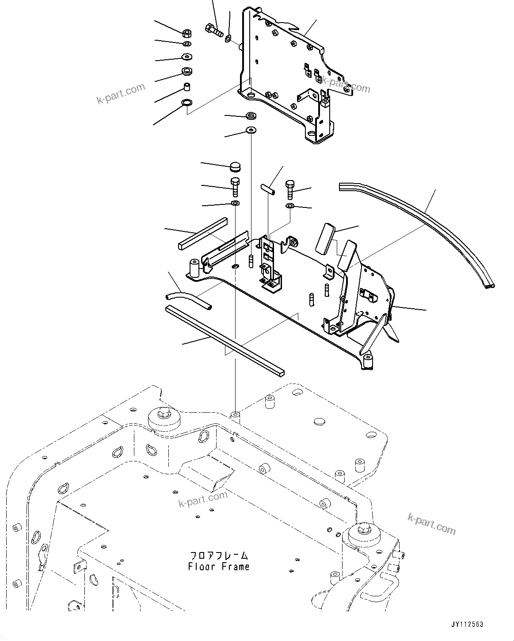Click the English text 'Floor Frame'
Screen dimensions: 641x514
pyautogui.click(x=218, y=567)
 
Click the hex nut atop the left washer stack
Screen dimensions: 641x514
pyautogui.click(x=187, y=33)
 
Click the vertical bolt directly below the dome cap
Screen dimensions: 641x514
pyautogui.click(x=235, y=187)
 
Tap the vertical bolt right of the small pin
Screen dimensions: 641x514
pyautogui.click(x=290, y=189)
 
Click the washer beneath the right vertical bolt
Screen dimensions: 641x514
pyautogui.click(x=290, y=206)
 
